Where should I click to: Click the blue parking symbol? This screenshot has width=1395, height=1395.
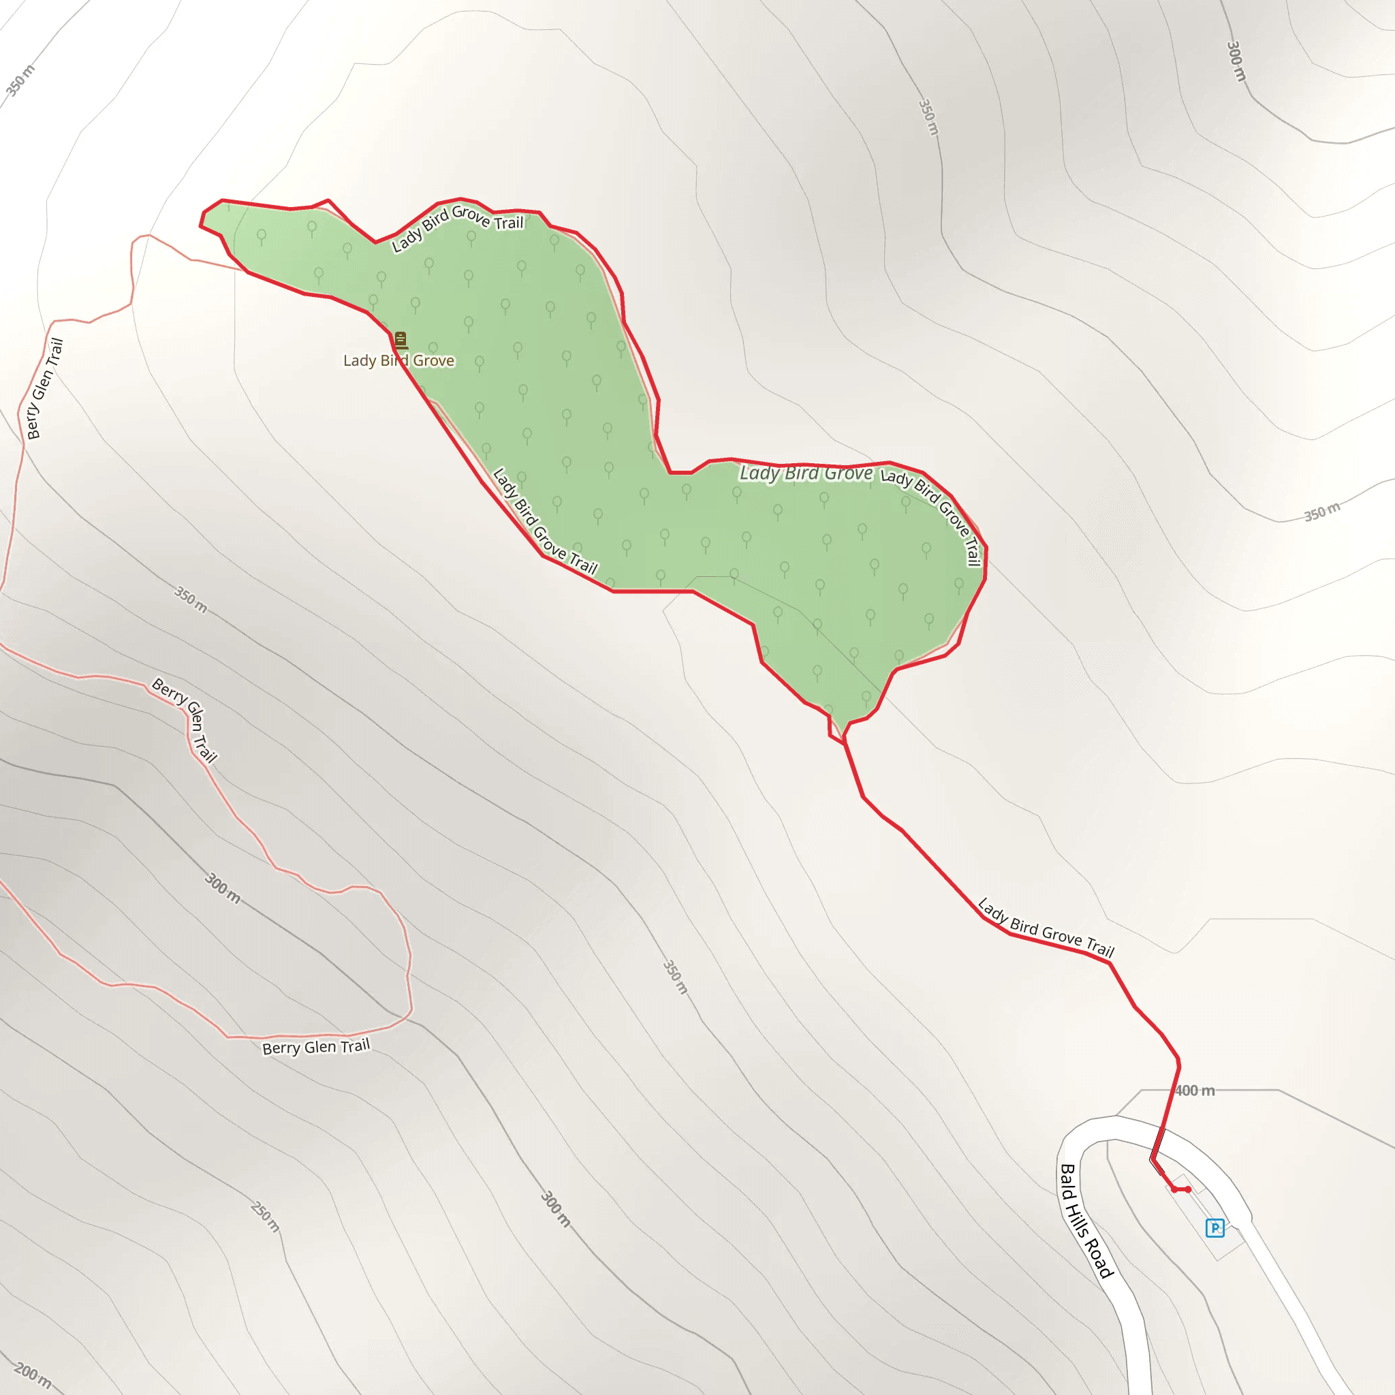coord(1215,1227)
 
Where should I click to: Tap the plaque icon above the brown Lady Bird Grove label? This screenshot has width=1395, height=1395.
coord(401,340)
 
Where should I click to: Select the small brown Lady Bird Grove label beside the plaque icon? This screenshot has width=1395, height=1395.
coord(398,360)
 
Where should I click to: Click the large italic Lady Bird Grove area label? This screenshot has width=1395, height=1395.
coord(806,473)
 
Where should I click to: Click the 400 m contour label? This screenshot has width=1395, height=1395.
coord(1194,1091)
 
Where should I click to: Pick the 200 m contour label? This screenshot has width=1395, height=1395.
coord(33,1375)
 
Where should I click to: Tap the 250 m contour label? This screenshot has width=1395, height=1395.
coord(265,1216)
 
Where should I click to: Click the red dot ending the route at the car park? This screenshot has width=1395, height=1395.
coord(1188,1189)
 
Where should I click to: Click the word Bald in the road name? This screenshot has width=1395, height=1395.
coord(1067,1181)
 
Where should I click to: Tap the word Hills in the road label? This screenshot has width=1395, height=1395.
coord(1081,1216)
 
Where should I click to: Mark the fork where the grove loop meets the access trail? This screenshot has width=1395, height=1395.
coord(844,741)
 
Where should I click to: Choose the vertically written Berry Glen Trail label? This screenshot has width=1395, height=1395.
coord(44,389)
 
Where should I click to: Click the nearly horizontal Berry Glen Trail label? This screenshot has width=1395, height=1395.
coord(315,1047)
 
